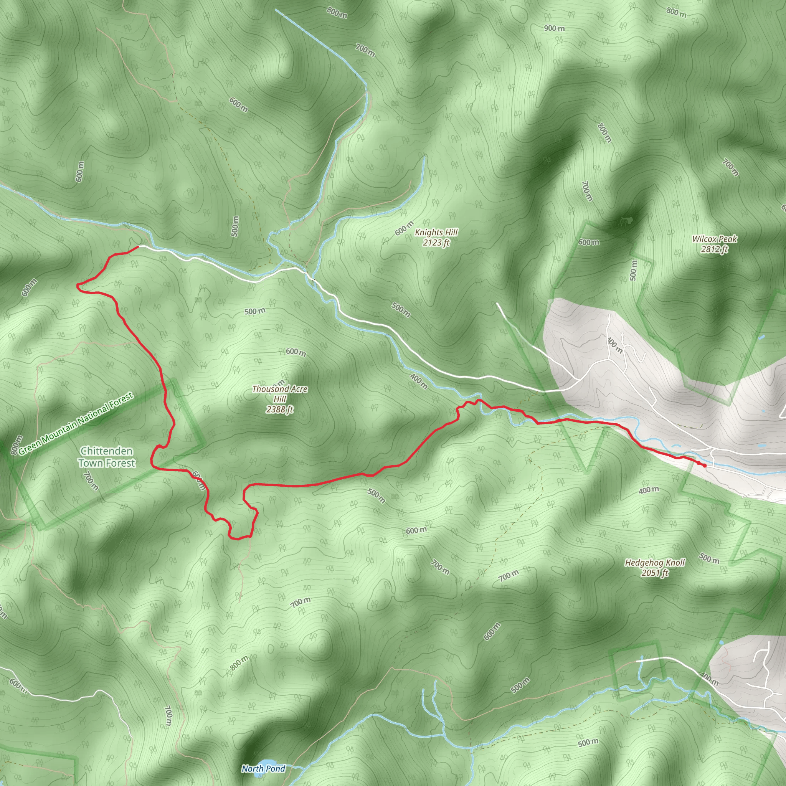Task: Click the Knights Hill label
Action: tap(436, 232)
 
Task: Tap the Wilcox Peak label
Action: tap(715, 239)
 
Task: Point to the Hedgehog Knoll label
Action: tap(655, 563)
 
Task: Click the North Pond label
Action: tap(263, 768)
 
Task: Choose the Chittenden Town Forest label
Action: tap(107, 457)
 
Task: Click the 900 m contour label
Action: tap(555, 28)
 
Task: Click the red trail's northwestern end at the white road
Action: tap(138, 246)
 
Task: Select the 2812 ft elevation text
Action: tap(715, 249)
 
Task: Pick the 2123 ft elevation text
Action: tap(436, 243)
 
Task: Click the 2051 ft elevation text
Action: tap(655, 573)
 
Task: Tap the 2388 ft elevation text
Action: tap(279, 409)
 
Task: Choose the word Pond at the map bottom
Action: tap(276, 768)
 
